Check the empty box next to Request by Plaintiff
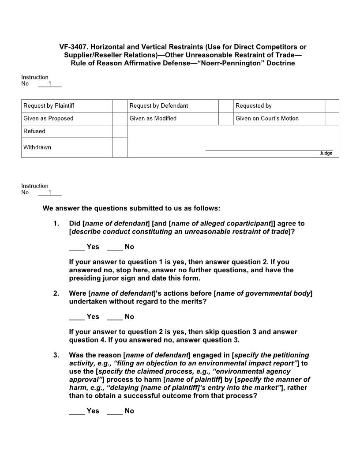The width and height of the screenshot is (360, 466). click(120, 106)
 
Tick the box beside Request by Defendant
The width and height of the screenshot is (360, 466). click(226, 106)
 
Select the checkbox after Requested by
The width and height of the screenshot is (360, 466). click(332, 106)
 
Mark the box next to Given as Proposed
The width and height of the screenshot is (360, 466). click(120, 119)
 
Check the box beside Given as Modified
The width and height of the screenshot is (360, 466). click(226, 119)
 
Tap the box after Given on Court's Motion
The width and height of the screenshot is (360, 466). click(332, 119)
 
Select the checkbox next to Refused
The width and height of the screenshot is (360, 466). click(120, 132)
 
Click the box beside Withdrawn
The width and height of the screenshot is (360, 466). click(120, 147)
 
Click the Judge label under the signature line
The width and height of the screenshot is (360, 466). click(326, 153)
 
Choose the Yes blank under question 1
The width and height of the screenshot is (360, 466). click(77, 247)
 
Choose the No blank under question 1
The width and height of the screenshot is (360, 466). click(115, 247)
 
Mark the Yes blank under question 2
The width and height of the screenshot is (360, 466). click(77, 317)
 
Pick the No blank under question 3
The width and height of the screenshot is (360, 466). click(115, 411)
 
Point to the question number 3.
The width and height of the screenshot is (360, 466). click(56, 355)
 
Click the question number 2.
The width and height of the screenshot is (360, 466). click(56, 293)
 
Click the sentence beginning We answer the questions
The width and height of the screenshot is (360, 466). click(131, 208)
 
